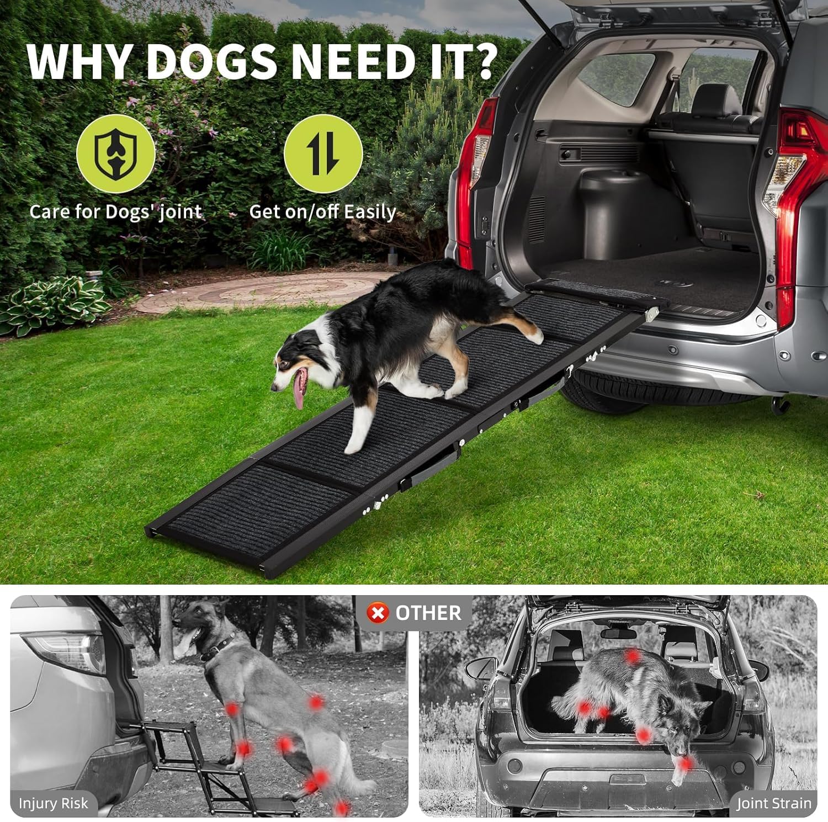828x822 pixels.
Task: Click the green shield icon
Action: click(115, 153)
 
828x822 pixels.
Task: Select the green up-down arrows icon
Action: click(323, 153)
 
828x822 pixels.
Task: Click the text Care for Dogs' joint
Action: click(115, 212)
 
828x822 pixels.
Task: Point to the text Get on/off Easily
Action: click(322, 212)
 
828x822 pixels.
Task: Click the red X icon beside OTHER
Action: click(378, 613)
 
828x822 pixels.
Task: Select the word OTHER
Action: click(428, 613)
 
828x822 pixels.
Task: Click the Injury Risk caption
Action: click(53, 803)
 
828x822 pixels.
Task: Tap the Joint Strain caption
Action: click(774, 803)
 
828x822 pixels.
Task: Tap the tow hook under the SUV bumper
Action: click(781, 406)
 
